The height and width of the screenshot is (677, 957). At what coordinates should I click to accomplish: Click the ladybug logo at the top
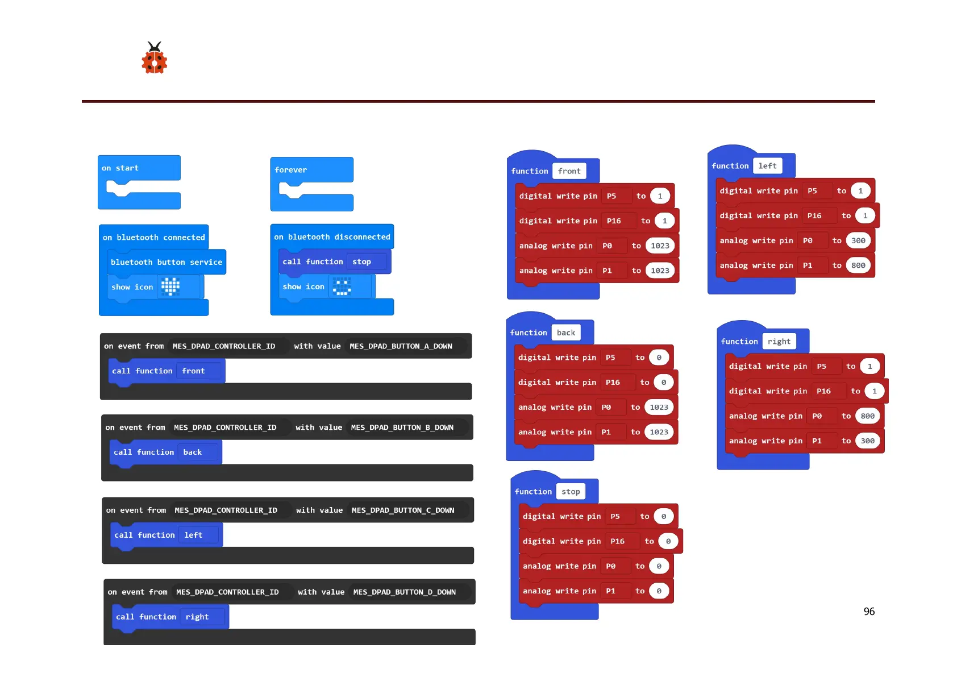(154, 59)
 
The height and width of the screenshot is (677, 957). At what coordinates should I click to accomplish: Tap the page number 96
(869, 612)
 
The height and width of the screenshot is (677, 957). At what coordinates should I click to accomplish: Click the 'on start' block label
(120, 168)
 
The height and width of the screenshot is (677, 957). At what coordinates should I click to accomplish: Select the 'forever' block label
(290, 170)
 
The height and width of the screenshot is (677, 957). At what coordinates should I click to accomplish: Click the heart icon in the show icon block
(170, 286)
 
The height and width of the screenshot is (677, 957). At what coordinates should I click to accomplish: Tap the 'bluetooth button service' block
(167, 262)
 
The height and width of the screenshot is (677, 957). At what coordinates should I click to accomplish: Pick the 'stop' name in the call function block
(361, 261)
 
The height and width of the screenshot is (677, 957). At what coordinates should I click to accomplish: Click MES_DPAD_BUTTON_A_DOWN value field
(401, 346)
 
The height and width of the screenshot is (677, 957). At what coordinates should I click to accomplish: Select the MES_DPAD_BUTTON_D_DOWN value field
(404, 592)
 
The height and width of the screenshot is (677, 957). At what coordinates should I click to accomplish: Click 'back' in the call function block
(192, 452)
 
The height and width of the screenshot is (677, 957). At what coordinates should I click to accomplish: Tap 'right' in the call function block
(197, 617)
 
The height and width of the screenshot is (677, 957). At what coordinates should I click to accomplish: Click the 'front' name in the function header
(569, 171)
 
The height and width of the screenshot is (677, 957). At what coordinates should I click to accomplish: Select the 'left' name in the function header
(767, 166)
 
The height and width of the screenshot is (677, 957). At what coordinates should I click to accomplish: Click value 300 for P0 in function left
(858, 240)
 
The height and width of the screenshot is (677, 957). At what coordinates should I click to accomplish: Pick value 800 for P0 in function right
(867, 416)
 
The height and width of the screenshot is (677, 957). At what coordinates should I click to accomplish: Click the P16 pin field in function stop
(617, 541)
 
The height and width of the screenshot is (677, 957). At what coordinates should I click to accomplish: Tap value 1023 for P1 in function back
(659, 432)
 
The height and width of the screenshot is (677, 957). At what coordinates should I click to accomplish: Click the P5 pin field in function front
(611, 196)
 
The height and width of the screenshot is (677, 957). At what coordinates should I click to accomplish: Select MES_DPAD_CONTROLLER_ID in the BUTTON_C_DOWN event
(226, 510)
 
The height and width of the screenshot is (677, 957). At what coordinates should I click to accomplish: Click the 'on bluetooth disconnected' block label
(332, 237)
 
